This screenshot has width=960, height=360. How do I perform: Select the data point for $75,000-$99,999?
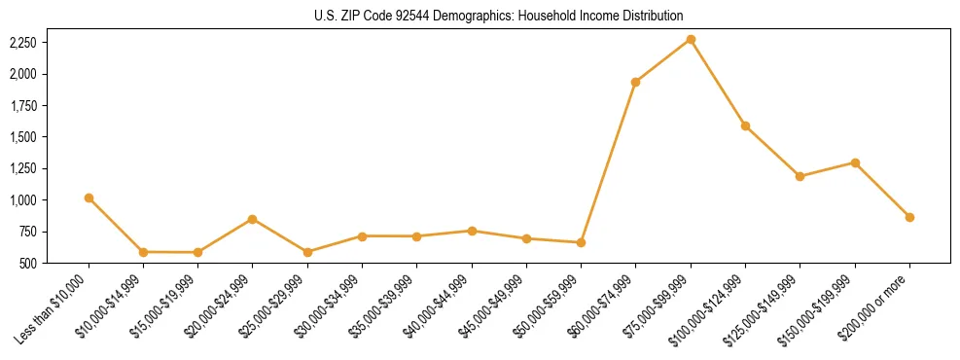(x=691, y=39)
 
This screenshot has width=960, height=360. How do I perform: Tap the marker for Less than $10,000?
(x=89, y=198)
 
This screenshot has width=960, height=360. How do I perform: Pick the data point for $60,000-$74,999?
(x=635, y=82)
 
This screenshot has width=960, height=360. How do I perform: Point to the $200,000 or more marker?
(x=909, y=217)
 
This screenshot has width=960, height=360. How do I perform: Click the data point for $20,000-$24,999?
(x=253, y=219)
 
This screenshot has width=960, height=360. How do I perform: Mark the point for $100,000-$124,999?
(x=745, y=126)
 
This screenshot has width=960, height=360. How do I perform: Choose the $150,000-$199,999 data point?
(x=855, y=162)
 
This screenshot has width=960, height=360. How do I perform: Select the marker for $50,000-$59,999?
(x=581, y=242)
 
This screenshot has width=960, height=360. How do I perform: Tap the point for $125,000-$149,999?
(x=800, y=176)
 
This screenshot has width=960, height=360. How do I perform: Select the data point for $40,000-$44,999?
(x=472, y=231)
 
